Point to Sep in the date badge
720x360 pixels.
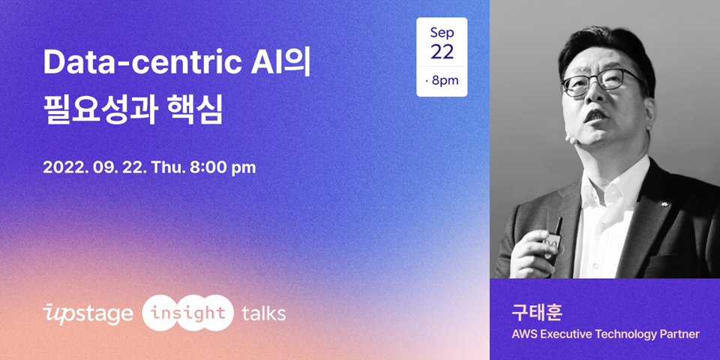tap(442, 34)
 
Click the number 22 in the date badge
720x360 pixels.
tap(442, 52)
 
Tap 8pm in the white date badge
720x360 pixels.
tap(445, 81)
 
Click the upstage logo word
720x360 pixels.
tap(88, 314)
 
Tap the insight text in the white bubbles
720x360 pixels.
tap(188, 313)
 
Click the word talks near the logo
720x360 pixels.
tap(263, 313)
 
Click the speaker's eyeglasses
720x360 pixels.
tap(602, 82)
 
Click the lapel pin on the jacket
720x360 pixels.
tap(664, 203)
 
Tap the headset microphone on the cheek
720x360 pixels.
tap(570, 136)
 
